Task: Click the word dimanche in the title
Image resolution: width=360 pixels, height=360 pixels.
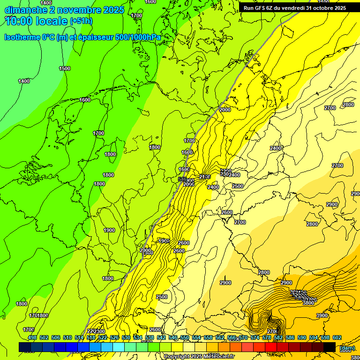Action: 25,9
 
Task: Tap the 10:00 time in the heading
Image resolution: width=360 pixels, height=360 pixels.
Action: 19,20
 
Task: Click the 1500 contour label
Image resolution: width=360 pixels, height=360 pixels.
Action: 65,69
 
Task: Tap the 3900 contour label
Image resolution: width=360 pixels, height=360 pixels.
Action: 322,316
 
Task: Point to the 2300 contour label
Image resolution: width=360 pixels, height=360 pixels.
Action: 99,331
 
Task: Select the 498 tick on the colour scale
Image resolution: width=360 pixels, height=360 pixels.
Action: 32,338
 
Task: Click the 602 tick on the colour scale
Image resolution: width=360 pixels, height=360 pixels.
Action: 337,338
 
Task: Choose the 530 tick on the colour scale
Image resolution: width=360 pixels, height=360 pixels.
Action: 126,338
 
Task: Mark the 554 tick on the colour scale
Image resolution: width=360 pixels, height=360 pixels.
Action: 196,338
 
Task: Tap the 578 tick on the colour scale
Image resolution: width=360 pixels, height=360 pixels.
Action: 266,338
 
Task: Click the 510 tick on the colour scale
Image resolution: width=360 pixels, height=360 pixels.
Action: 67,338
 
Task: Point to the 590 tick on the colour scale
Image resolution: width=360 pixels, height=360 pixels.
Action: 301,338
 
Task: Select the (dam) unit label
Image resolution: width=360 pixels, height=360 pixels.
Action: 347,348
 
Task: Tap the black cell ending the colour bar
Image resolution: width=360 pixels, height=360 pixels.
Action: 330,347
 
